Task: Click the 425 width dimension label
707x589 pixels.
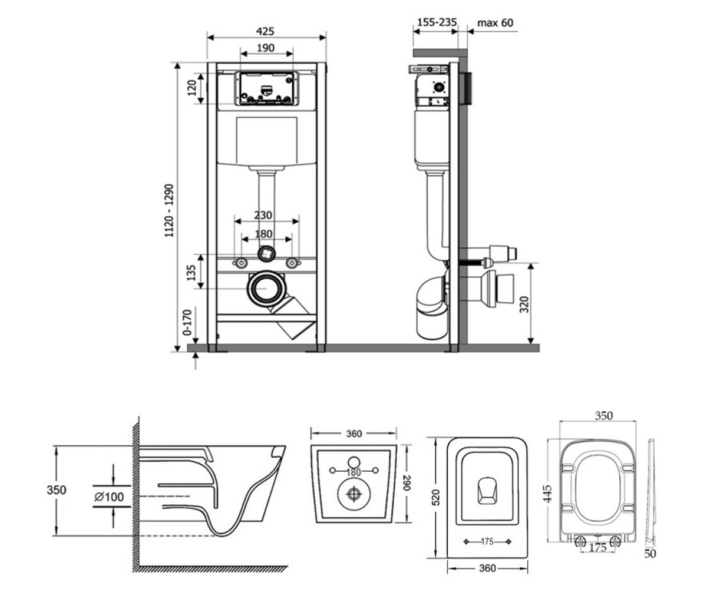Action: tap(265, 31)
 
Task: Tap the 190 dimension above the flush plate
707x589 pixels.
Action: tap(266, 48)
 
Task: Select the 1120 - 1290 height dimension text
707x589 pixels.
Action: tap(169, 210)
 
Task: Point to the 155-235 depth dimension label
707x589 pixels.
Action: tap(437, 22)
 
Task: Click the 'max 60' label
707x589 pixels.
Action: tap(495, 23)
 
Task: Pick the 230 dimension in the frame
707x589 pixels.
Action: tap(263, 216)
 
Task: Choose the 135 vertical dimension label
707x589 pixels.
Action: tap(191, 273)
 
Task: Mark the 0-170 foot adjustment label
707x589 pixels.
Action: tap(187, 322)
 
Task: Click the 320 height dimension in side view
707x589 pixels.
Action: tap(524, 305)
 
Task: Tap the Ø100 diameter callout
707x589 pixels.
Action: tap(109, 497)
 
